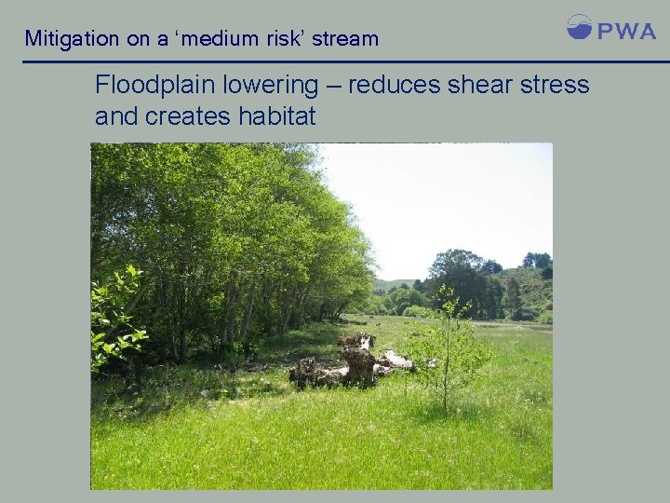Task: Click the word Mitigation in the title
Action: (72, 39)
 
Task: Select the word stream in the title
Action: (346, 39)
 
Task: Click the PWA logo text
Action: (626, 31)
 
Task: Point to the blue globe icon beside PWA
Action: (579, 26)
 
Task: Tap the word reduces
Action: (394, 86)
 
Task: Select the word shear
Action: (481, 86)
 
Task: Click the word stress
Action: (556, 86)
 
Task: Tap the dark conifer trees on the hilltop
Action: (536, 261)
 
